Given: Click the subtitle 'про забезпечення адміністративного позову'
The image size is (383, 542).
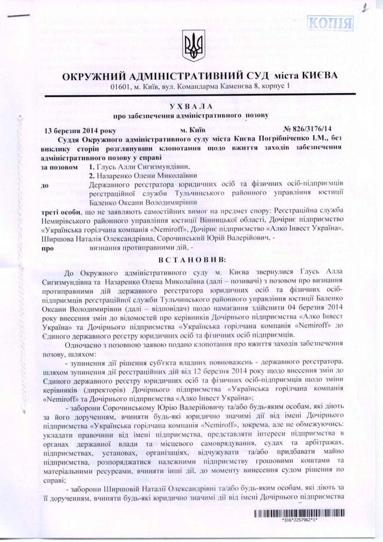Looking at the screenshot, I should pyautogui.click(x=192, y=115).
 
